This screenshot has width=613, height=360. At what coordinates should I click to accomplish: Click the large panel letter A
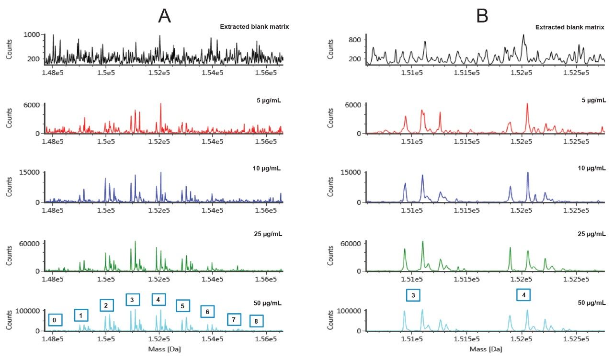coord(164,16)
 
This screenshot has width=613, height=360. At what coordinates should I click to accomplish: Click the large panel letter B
coord(482,16)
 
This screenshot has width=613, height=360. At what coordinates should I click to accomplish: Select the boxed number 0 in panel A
coord(56,320)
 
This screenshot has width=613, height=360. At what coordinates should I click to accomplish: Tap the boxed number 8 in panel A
coord(256,321)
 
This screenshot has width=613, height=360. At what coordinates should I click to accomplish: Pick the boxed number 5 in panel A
coord(183,305)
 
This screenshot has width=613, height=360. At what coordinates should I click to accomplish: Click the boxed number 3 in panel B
coord(413,295)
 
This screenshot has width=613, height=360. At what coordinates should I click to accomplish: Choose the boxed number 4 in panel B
coord(523,295)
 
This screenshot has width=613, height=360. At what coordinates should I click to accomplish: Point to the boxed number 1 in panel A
coord(81,315)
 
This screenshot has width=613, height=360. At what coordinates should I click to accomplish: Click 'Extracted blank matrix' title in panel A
coord(254,26)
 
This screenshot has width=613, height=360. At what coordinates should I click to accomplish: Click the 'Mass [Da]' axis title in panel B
coord(486,349)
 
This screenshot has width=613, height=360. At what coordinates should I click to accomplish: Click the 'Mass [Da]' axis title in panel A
coord(164,349)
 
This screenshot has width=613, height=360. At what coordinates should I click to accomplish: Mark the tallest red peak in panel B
coord(527,104)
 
